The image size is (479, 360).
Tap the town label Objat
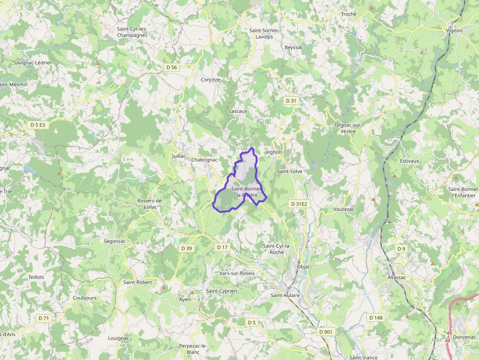coord(303,267)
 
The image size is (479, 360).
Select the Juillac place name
coord(180,156)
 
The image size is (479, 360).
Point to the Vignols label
coord(274,152)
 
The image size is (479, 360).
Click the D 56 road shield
coord(172,67)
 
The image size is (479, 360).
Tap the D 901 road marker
coord(326,332)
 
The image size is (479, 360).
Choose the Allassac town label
coord(396,277)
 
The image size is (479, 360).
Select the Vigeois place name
coord(454,30)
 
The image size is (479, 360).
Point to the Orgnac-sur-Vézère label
coord(348,128)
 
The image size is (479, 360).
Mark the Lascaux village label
coord(238,111)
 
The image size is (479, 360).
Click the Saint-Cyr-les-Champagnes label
coord(132,32)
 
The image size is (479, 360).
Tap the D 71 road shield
coord(44,318)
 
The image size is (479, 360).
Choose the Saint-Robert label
coord(137,282)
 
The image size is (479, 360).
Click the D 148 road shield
coord(376,318)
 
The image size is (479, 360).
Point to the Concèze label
coord(211,80)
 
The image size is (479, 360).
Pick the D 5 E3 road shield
coord(38,125)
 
